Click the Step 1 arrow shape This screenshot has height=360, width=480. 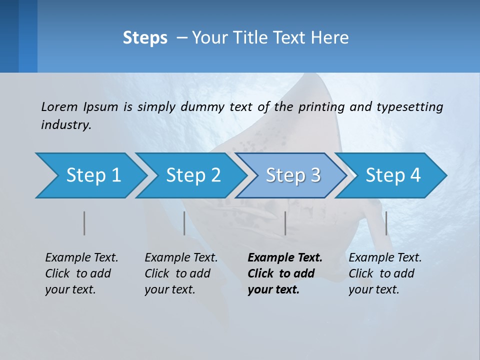(93, 175)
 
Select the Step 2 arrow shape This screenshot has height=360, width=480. (193, 175)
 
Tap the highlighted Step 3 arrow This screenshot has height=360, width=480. (293, 175)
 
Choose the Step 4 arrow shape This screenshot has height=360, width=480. (393, 175)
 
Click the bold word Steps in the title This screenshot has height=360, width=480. (145, 38)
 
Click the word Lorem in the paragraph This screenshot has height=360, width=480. (59, 106)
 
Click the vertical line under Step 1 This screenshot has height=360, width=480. (84, 223)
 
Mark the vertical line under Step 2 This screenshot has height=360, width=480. (184, 223)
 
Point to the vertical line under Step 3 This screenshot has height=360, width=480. (285, 223)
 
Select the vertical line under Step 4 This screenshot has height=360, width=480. (386, 223)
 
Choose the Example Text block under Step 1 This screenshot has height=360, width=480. (81, 273)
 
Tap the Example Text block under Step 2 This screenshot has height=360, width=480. (181, 273)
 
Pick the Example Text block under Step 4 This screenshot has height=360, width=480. (385, 273)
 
